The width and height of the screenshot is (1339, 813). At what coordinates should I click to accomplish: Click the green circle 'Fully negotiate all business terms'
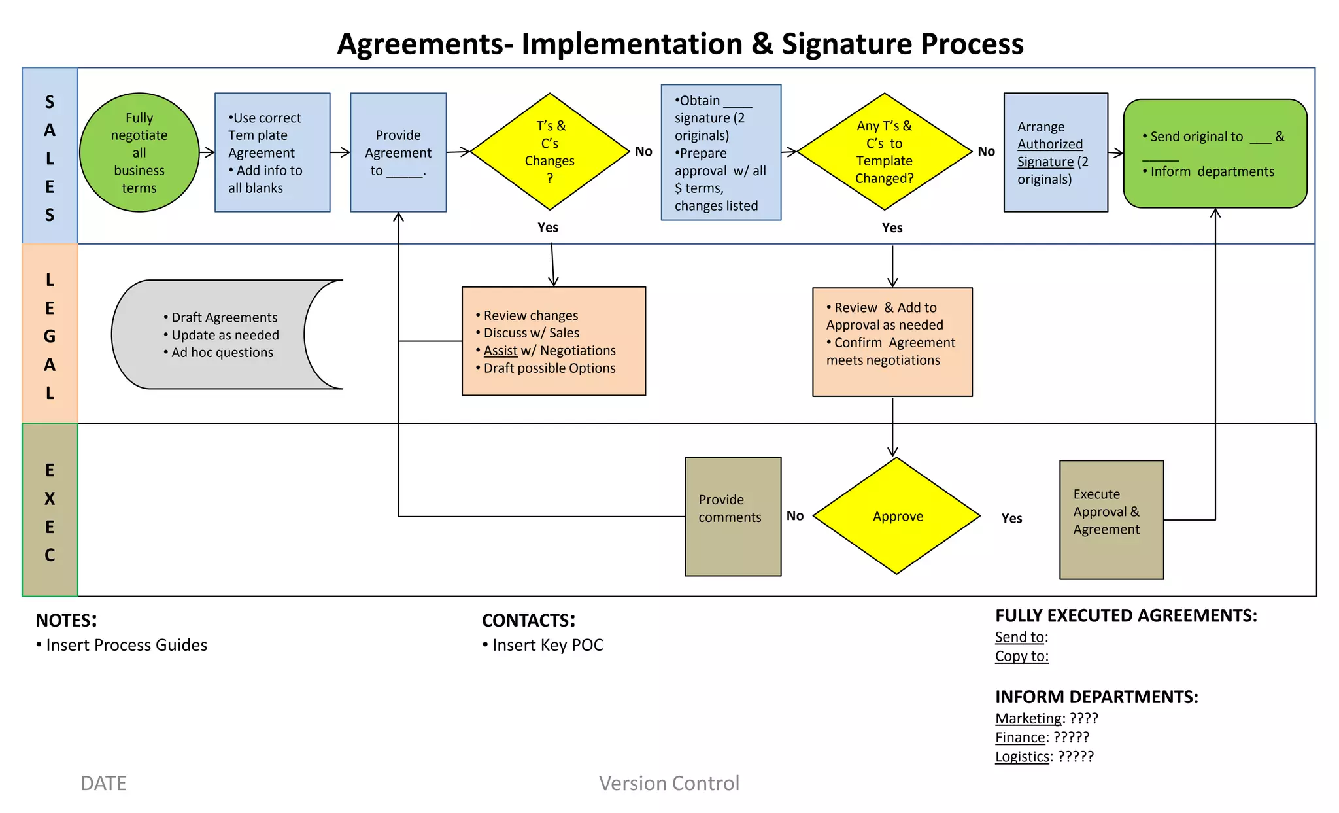[x=139, y=152]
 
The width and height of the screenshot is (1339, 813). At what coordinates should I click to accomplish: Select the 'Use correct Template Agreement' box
[x=272, y=152]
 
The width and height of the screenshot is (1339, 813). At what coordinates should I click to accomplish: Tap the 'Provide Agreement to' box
[x=398, y=152]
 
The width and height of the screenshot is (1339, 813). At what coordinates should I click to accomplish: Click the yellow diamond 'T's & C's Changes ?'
[x=550, y=152]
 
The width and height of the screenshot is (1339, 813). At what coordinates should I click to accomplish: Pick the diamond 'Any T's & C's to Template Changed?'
[x=884, y=152]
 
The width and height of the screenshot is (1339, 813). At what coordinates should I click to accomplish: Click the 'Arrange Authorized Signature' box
[x=1055, y=152]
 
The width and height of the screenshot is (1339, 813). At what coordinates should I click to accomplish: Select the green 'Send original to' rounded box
[x=1215, y=154]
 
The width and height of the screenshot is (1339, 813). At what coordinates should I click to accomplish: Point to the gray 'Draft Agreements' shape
[x=216, y=335]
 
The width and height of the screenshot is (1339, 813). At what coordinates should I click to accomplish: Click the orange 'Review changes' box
[x=553, y=341]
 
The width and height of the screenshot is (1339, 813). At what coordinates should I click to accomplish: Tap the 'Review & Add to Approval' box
[x=892, y=341]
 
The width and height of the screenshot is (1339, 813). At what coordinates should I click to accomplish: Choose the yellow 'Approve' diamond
[x=896, y=516]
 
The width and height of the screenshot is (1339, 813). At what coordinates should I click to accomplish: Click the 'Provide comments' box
[x=732, y=516]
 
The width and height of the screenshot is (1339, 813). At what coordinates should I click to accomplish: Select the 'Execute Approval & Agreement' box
[x=1111, y=519]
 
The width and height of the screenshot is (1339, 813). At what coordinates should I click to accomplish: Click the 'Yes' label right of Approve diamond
[x=1011, y=519]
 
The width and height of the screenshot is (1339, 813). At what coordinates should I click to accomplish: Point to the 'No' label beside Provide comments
[x=795, y=516]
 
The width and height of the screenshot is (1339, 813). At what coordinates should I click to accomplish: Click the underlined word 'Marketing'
[x=1028, y=718]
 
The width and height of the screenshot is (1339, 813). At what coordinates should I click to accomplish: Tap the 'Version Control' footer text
[x=669, y=783]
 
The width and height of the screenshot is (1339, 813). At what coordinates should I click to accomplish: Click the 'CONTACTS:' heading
[x=528, y=620]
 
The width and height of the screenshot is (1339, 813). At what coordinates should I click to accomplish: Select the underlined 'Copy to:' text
[x=1021, y=656]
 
